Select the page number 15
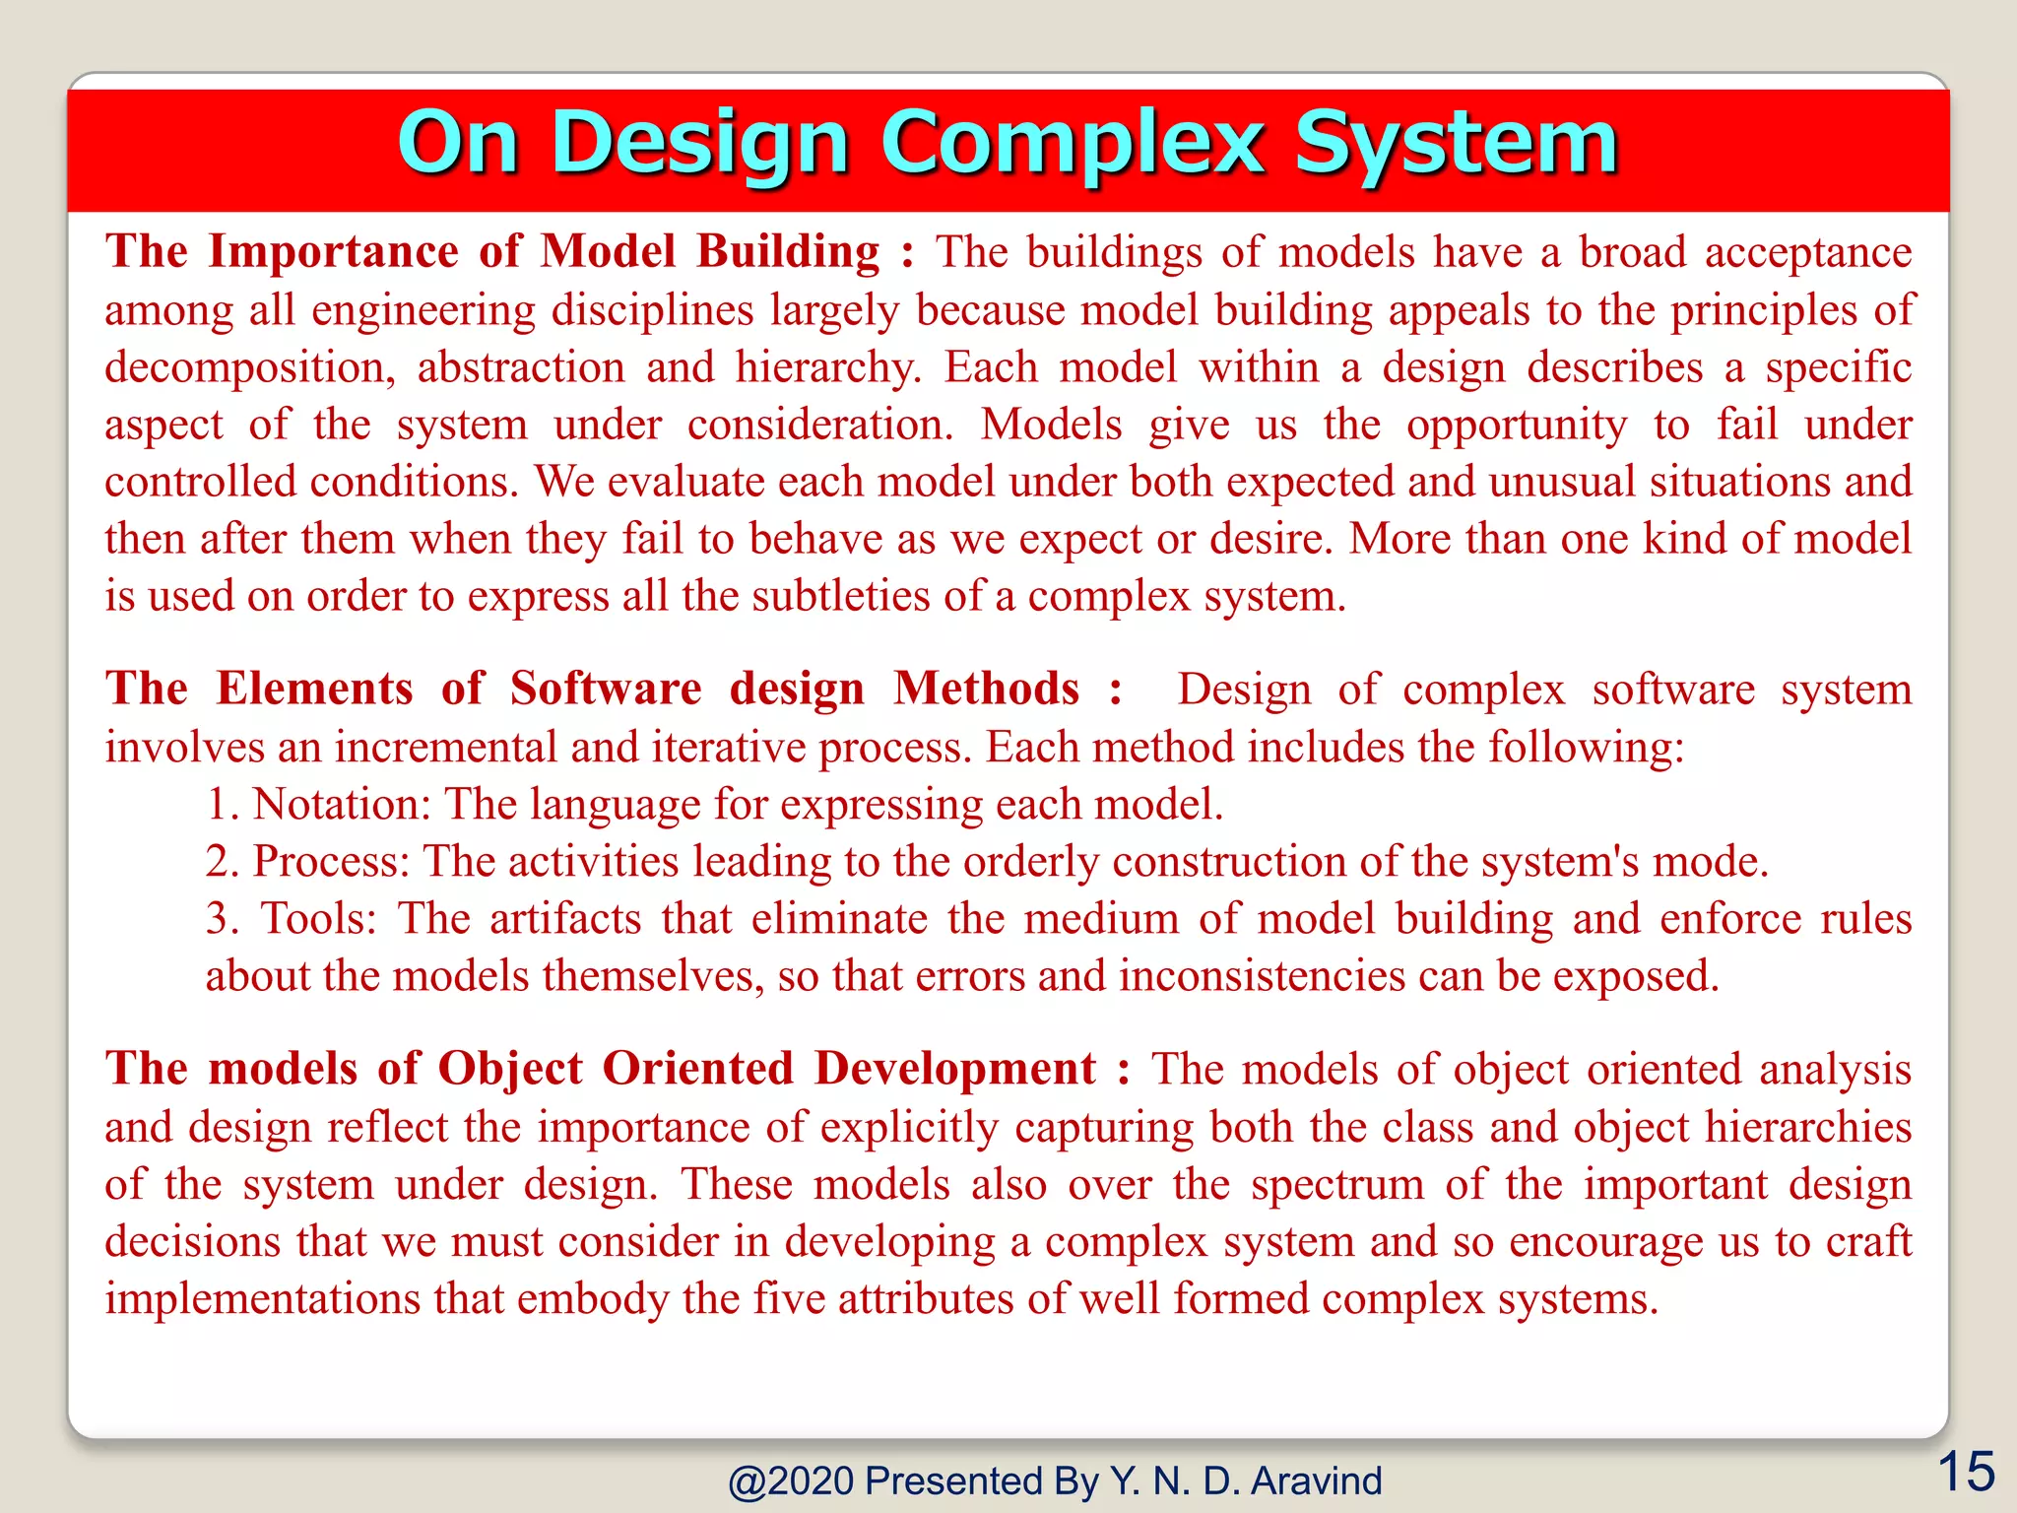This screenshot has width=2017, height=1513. coord(1966,1473)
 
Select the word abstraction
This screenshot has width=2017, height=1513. coord(521,367)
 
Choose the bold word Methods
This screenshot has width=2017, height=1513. coord(986,689)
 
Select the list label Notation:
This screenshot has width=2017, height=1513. coord(342,805)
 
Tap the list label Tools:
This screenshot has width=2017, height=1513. coord(318,919)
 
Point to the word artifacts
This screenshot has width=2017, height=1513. coord(565,919)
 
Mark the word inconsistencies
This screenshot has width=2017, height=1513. coord(1262,976)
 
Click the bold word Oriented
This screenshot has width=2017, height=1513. coord(697,1069)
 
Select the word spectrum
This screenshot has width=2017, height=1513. coord(1337,1185)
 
